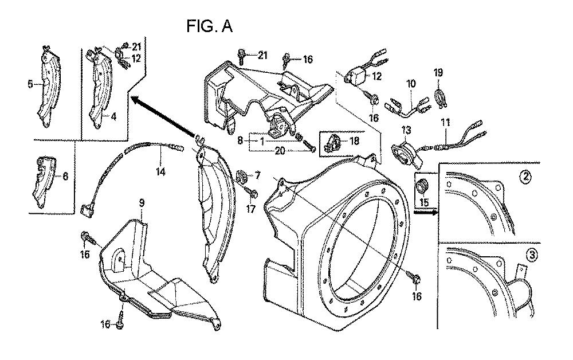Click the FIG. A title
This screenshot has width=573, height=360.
tap(209, 26)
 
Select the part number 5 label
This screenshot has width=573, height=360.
tap(30, 84)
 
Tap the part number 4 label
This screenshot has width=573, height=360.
tap(113, 117)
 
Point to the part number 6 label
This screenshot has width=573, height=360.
tap(65, 176)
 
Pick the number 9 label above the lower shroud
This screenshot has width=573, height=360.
tap(142, 202)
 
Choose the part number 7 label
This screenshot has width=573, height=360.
tap(258, 176)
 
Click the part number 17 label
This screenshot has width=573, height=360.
tap(251, 209)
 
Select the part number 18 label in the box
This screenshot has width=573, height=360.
tap(354, 141)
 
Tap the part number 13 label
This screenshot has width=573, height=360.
tap(406, 130)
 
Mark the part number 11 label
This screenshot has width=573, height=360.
tap(445, 123)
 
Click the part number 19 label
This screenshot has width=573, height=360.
tap(438, 72)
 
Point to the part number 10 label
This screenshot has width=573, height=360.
tap(411, 84)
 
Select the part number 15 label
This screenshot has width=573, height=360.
tap(424, 202)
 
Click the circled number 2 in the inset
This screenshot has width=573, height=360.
tap(525, 178)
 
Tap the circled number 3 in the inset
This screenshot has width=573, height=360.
tap(532, 256)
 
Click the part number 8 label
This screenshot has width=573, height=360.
tap(240, 140)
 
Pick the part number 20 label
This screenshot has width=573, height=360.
tap(280, 150)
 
